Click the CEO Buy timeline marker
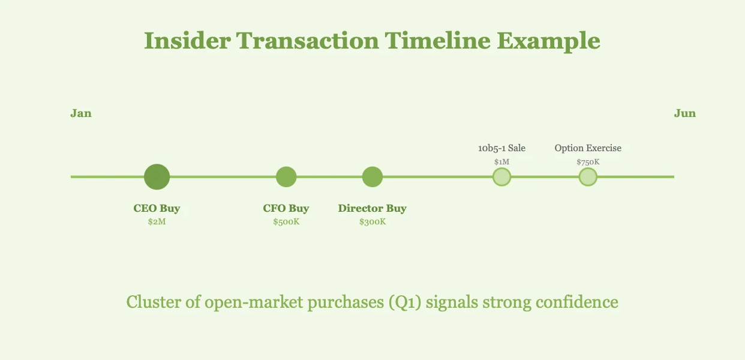(x=157, y=176)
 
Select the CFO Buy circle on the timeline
(x=286, y=176)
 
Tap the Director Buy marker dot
(x=372, y=176)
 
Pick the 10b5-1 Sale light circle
(x=501, y=176)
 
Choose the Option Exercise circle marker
(x=588, y=176)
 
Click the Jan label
(x=81, y=113)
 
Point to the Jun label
(x=685, y=113)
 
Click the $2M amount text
(x=157, y=221)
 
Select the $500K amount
(x=286, y=221)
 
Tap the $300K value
(x=372, y=221)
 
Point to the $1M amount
(x=501, y=162)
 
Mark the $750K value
(x=588, y=162)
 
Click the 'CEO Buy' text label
(x=157, y=208)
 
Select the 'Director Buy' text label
(x=372, y=208)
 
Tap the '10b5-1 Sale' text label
(x=501, y=148)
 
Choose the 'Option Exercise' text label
(x=588, y=148)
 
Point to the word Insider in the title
(x=187, y=41)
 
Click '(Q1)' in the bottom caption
(x=405, y=302)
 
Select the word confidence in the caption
(x=577, y=302)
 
